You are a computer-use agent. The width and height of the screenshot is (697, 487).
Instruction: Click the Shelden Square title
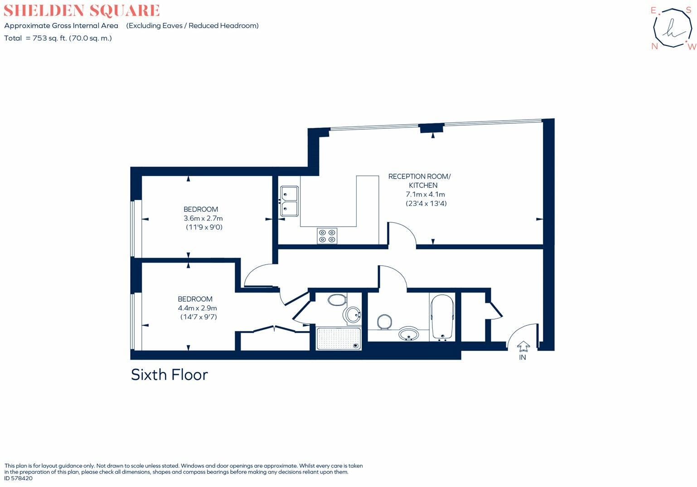tap(82, 10)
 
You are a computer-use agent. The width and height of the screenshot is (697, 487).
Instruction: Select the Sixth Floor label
tap(169, 375)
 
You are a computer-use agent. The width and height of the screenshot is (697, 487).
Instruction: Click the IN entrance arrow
tap(523, 347)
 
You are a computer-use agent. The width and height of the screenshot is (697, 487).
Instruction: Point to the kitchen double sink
tap(289, 201)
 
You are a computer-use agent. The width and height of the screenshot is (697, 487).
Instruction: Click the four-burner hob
tap(327, 235)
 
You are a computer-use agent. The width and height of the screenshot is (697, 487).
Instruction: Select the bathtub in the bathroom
tap(442, 317)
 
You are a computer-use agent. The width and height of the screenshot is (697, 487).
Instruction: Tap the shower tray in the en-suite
tap(339, 338)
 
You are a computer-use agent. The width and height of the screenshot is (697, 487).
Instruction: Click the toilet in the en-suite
tap(337, 300)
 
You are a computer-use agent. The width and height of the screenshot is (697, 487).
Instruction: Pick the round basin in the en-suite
tap(353, 314)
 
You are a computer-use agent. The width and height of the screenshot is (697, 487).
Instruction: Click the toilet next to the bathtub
tap(384, 321)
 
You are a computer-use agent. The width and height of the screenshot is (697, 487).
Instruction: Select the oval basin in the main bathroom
tap(409, 335)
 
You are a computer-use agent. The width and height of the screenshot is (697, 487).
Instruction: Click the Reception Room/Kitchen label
tap(419, 180)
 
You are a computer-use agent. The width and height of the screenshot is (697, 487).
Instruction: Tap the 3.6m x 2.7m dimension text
tap(203, 218)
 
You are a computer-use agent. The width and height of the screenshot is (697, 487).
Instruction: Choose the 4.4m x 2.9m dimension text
tap(197, 308)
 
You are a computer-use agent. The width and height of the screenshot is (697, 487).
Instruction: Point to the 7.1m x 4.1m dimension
tap(425, 194)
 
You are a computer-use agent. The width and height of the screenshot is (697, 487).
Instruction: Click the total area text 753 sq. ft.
tap(58, 38)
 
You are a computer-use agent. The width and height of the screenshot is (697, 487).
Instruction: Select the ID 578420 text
tap(19, 478)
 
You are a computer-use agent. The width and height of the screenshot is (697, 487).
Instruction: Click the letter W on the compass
tap(691, 47)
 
